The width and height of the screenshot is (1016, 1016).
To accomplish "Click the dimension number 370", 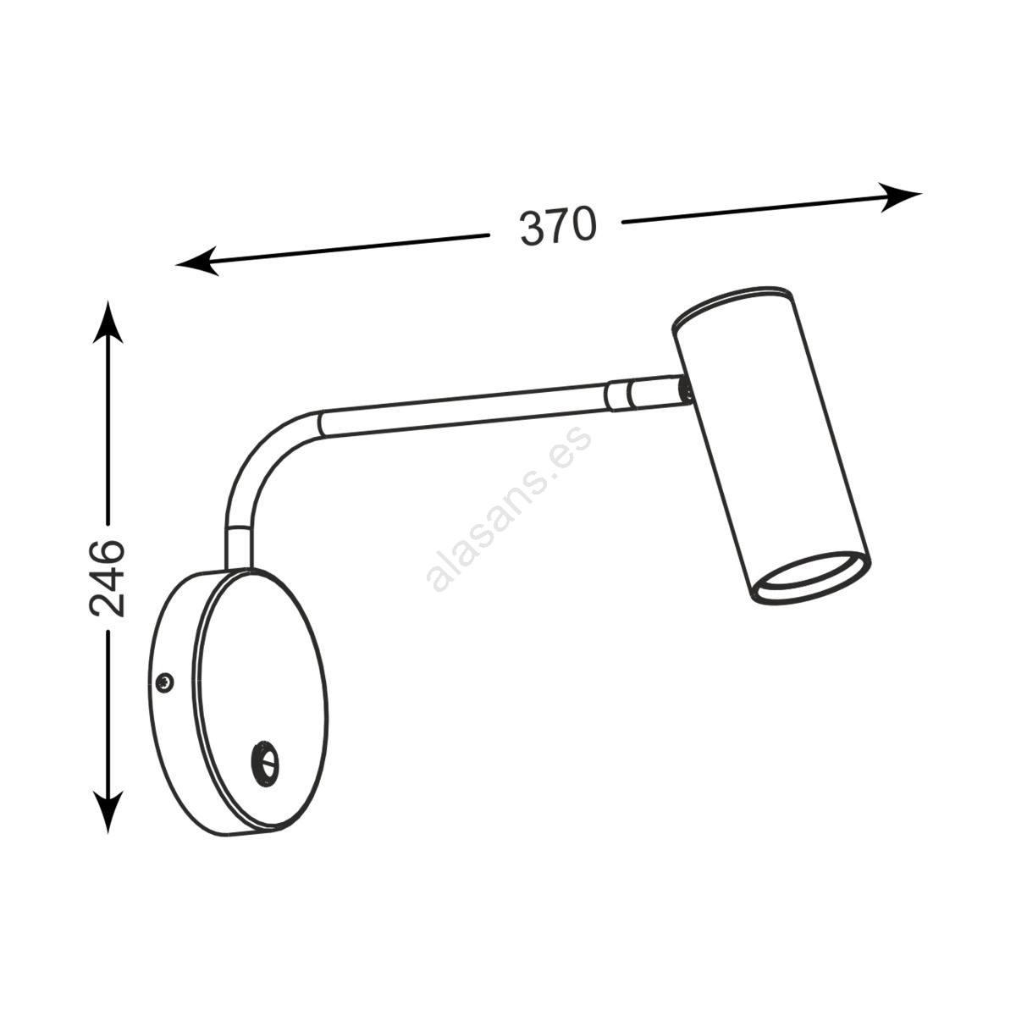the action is (x=558, y=226).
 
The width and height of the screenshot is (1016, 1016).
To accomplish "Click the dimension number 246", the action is (x=108, y=578).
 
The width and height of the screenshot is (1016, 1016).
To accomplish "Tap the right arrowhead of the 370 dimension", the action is (x=899, y=196).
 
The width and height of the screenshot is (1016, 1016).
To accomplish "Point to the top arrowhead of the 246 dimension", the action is (x=108, y=322).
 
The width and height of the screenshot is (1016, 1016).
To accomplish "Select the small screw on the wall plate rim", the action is (x=165, y=682).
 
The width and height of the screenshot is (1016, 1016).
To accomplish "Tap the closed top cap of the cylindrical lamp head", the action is (x=732, y=306).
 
